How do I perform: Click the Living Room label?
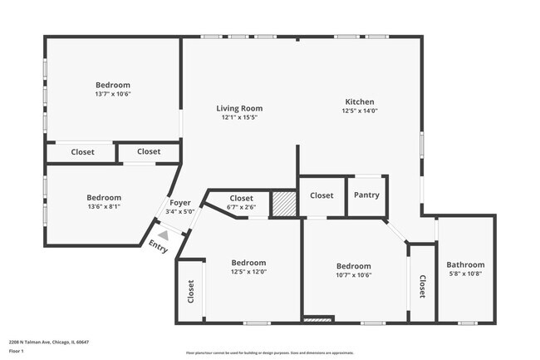(x=239, y=108)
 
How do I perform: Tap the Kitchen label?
(x=360, y=101)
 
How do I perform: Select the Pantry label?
(x=366, y=195)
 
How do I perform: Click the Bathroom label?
(x=465, y=265)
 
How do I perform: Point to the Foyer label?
(x=180, y=203)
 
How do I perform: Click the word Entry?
(x=158, y=246)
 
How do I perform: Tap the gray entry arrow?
(x=164, y=235)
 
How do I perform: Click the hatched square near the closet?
(x=284, y=205)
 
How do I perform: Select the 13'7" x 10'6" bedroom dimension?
(x=113, y=94)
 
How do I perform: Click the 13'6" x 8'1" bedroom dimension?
(x=104, y=207)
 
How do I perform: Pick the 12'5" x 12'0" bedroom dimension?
(x=248, y=272)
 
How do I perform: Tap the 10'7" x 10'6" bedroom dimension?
(x=353, y=275)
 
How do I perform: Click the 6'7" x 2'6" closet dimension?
(x=241, y=207)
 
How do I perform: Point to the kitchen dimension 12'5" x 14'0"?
(x=360, y=111)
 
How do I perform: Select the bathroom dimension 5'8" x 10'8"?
(x=465, y=274)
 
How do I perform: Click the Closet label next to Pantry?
(x=322, y=195)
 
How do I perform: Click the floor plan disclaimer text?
(x=269, y=353)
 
